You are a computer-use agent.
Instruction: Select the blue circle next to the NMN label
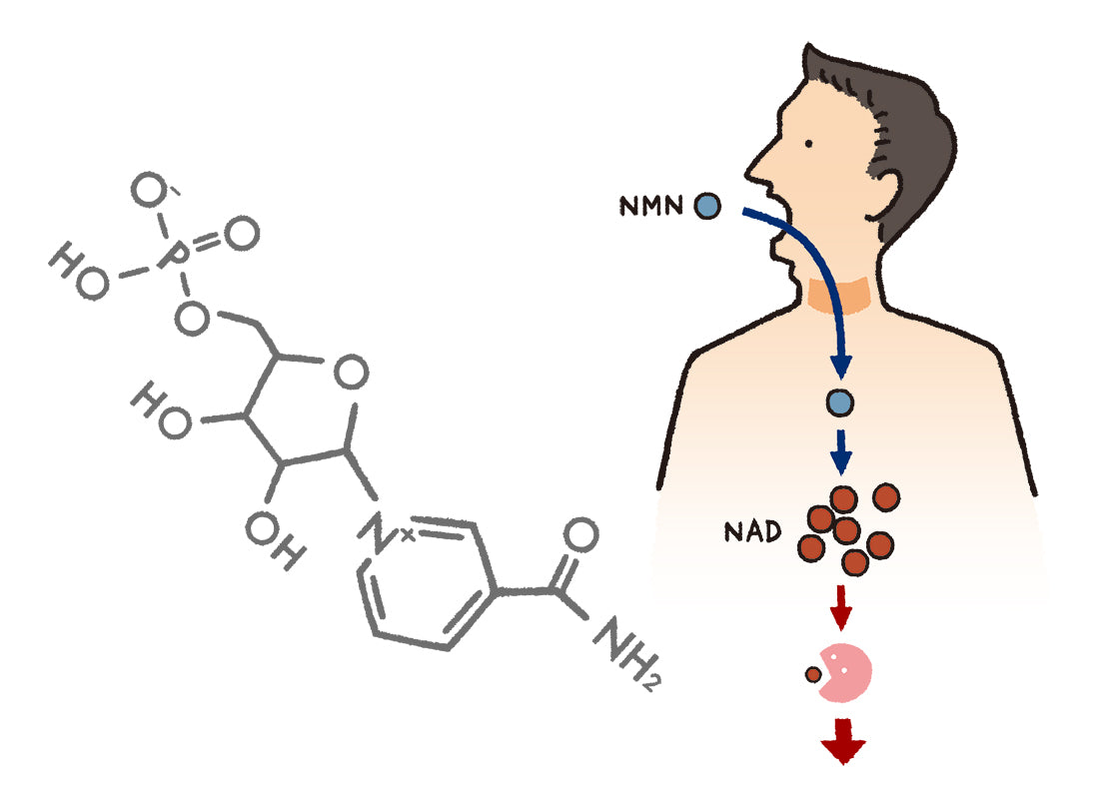[x=707, y=207]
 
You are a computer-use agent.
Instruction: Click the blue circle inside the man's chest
[x=840, y=402]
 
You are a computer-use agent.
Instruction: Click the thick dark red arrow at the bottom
[x=842, y=740]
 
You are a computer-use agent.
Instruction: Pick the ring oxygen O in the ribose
[x=349, y=375]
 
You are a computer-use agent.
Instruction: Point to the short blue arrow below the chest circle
[x=841, y=451]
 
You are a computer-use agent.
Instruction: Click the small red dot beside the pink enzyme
[x=813, y=675]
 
